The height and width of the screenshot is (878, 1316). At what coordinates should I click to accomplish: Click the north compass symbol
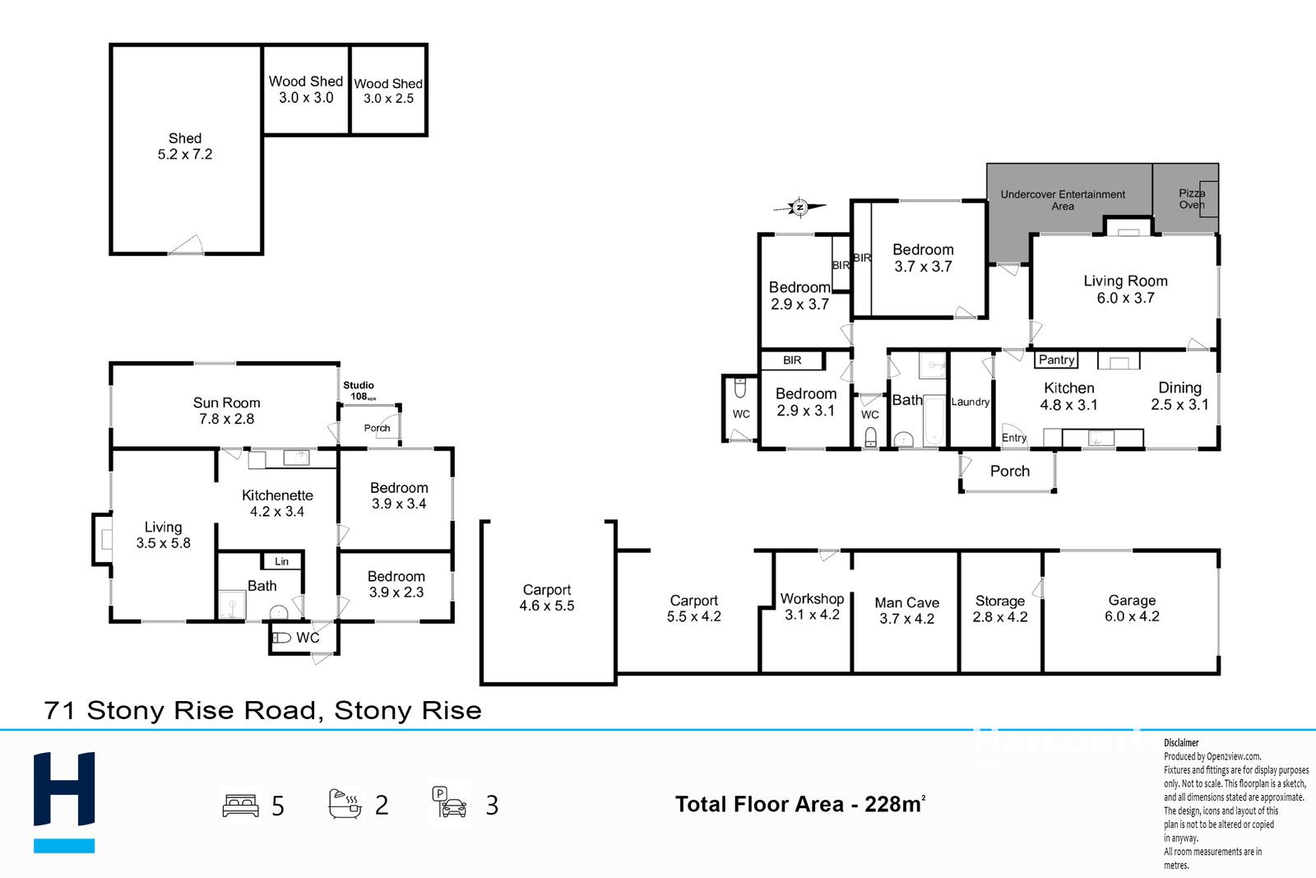click(798, 207)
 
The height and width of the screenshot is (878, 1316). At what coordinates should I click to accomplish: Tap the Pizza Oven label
click(1191, 198)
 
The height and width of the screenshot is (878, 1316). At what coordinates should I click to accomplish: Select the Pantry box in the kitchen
click(1056, 360)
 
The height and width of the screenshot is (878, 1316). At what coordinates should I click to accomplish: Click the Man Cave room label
click(906, 611)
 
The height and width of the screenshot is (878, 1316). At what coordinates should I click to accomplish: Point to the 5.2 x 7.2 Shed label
click(185, 146)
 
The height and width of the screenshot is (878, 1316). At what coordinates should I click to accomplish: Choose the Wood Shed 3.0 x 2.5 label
click(388, 91)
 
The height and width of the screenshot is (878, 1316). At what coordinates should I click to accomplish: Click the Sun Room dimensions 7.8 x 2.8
click(226, 419)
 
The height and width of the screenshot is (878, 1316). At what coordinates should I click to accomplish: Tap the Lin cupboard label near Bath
click(281, 561)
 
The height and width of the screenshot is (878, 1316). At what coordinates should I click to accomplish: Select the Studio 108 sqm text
click(359, 390)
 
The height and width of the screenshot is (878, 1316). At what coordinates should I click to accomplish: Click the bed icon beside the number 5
click(240, 805)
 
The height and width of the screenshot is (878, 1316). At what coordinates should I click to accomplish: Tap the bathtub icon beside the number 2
click(345, 803)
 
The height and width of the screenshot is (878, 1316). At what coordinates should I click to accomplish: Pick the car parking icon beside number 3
click(450, 802)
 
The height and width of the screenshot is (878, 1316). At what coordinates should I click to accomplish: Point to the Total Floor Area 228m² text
click(799, 804)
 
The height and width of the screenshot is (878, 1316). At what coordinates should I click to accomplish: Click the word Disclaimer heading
click(1181, 742)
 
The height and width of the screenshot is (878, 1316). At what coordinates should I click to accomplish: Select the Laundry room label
click(970, 402)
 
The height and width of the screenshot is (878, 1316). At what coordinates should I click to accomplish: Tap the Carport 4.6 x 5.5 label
click(547, 597)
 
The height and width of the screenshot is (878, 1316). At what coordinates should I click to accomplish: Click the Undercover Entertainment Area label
click(1063, 200)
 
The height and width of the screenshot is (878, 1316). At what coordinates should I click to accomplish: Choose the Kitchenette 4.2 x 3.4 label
click(277, 503)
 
